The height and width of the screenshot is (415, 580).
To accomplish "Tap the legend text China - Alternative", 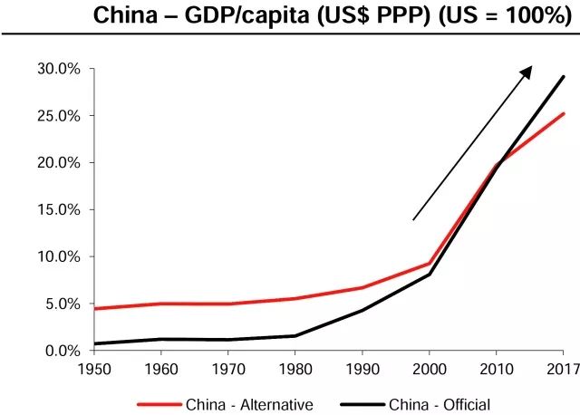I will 249,405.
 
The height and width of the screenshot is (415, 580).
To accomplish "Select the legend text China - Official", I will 440,405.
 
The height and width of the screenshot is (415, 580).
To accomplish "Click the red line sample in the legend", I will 158,405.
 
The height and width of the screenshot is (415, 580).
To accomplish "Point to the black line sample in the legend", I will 360,405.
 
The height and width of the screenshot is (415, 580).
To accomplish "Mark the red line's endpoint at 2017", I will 564,113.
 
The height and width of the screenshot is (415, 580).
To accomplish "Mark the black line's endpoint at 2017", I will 564,76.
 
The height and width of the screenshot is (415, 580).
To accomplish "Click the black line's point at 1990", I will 362,310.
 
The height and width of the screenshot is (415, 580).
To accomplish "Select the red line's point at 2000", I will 429,264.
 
